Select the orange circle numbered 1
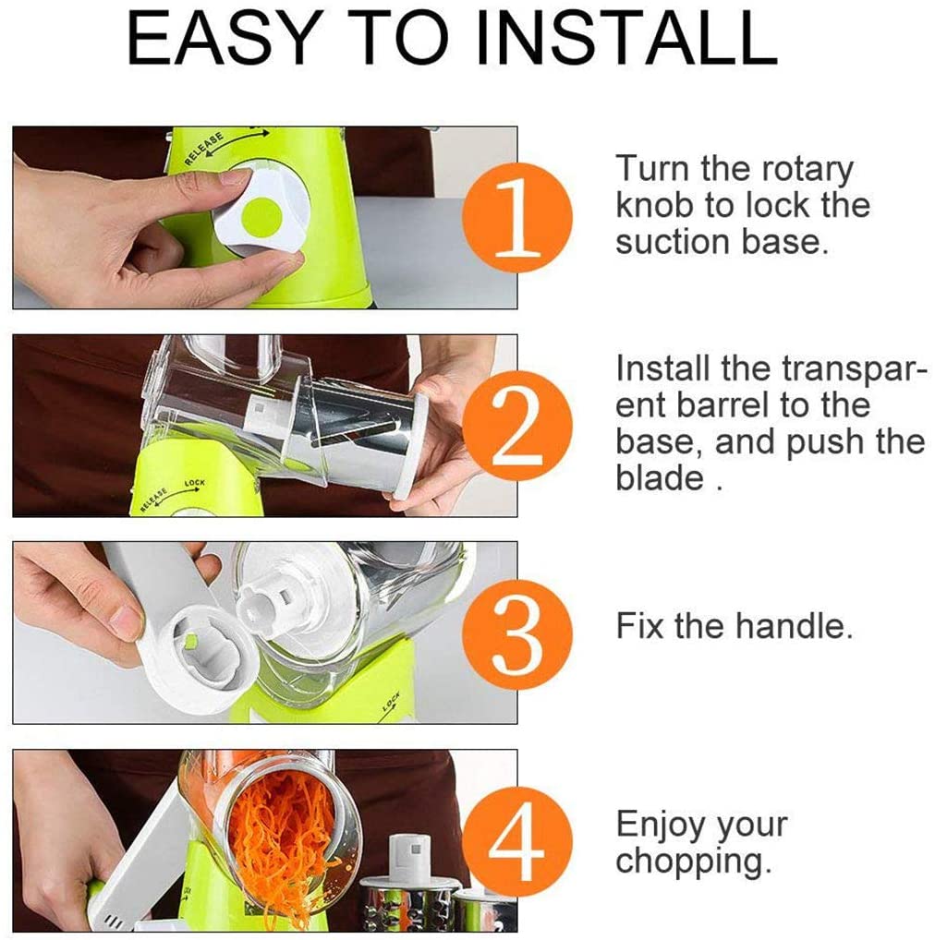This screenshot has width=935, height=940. pos(517,217)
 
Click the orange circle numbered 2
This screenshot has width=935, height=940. pos(517,425)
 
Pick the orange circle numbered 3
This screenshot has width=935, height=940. pos(517,634)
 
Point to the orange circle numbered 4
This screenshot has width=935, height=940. pos(517,841)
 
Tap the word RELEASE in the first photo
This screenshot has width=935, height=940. pos(203,148)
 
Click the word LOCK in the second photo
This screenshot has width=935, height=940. pos(194,483)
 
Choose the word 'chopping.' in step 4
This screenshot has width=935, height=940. pos(693,862)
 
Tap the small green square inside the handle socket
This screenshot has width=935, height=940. pos(190,642)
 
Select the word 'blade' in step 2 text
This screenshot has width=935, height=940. pos(659,477)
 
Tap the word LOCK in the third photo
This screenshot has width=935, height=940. pos(391,701)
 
